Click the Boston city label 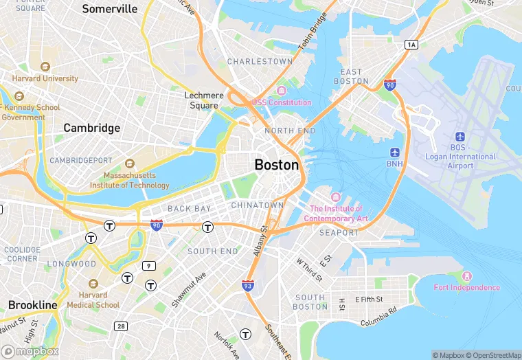point(277,165)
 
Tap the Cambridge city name point(91,128)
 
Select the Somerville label point(110,9)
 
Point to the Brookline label point(33,304)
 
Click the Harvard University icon point(45,67)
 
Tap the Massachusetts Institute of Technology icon point(129,164)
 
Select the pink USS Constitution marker point(280,91)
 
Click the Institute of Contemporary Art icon point(336,197)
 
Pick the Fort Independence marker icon point(466,275)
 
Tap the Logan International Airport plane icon point(460,137)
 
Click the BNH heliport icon point(394,152)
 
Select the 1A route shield point(411,45)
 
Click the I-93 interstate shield point(248,284)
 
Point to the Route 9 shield point(149,265)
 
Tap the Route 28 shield point(121,326)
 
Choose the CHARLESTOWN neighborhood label point(260,61)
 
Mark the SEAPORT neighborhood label point(339,233)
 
